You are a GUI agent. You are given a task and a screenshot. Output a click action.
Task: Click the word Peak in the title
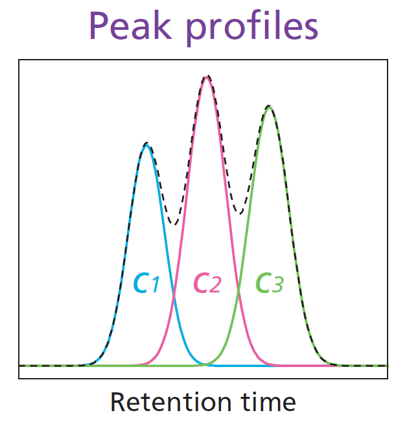point(130,26)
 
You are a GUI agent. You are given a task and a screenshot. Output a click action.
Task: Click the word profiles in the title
point(252,28)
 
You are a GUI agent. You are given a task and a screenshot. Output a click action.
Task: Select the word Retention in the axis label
point(171,402)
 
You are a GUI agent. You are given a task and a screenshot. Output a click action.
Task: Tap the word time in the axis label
point(268,402)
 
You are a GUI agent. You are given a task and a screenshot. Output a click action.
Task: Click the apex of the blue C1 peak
point(146,145)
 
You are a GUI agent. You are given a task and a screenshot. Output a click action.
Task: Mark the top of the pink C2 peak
point(207,77)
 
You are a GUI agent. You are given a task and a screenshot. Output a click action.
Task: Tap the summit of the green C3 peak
point(269,107)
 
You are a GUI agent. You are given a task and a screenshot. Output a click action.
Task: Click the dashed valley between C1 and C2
point(174,224)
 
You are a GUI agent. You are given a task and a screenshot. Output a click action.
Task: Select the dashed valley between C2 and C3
point(240,213)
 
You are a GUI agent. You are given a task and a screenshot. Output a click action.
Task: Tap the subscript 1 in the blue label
point(156,285)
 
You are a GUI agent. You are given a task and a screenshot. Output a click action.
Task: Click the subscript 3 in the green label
point(277,285)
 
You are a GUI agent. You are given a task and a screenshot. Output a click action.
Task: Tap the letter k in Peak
point(164,25)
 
